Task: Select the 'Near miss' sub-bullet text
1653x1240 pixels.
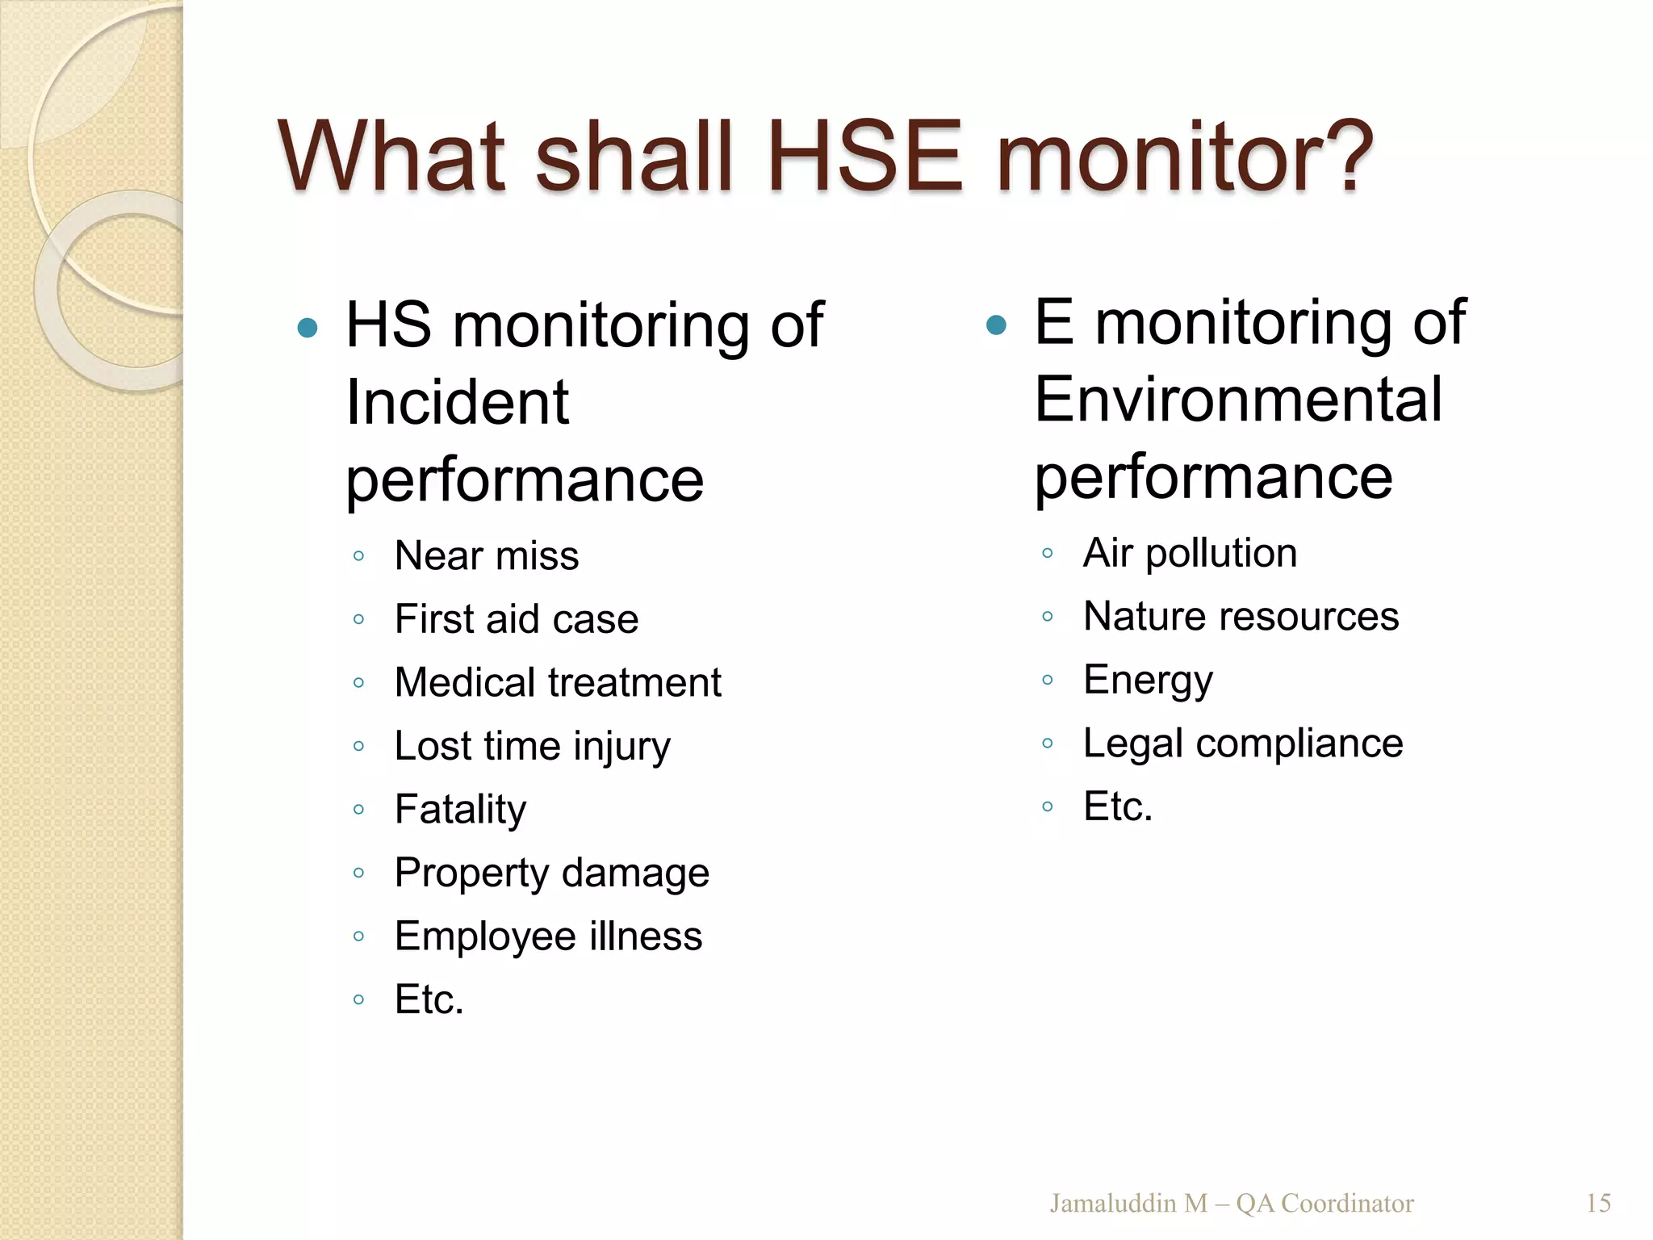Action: (487, 555)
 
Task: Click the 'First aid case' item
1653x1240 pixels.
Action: (517, 619)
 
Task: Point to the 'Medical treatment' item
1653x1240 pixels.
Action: (558, 682)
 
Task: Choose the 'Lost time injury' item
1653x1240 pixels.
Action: (532, 746)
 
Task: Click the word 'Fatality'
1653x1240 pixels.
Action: (460, 809)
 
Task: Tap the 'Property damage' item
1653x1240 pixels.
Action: (552, 873)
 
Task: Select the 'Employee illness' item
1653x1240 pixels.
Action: (548, 936)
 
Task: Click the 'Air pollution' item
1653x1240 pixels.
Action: (1190, 553)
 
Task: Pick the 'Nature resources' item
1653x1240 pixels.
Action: (1241, 616)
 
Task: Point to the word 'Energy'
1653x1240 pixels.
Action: (1148, 680)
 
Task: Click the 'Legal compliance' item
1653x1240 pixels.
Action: (1243, 743)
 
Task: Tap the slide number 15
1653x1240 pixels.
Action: (1598, 1204)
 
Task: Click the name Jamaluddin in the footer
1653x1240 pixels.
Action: (1112, 1204)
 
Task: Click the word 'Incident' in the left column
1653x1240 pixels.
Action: (458, 402)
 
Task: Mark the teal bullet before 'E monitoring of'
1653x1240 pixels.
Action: (997, 325)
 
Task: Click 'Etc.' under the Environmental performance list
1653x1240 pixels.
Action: (1118, 806)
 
